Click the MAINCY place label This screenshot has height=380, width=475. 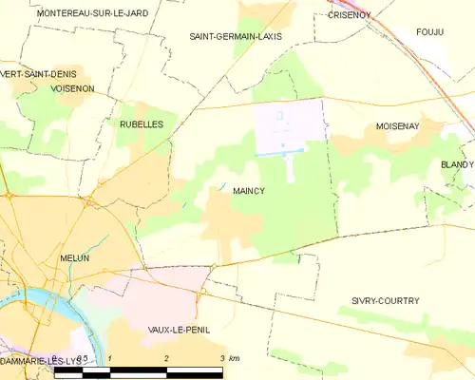click(248, 191)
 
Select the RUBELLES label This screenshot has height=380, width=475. click(142, 124)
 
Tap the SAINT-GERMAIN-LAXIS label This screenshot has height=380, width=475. click(236, 36)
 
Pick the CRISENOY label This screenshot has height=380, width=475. click(348, 15)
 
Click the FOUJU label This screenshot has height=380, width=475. click(430, 32)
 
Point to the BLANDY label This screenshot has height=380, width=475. click(456, 164)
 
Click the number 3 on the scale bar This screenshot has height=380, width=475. click(221, 358)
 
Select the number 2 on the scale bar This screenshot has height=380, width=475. click(166, 358)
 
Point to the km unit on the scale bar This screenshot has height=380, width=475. click(235, 358)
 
